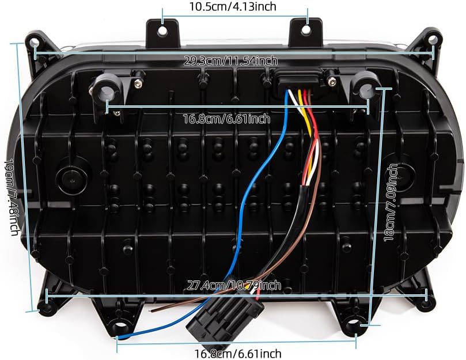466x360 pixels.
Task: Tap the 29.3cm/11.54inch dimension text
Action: pyautogui.click(x=230, y=61)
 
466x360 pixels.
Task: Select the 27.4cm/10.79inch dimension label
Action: pyautogui.click(x=234, y=285)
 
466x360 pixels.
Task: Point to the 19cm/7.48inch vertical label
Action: pyautogui.click(x=13, y=197)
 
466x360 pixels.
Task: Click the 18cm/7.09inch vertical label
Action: pyautogui.click(x=391, y=202)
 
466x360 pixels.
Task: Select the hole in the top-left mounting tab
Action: pyautogui.click(x=162, y=31)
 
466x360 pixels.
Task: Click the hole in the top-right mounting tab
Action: pyautogui.click(x=306, y=30)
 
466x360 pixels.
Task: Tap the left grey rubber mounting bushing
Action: pyautogui.click(x=106, y=93)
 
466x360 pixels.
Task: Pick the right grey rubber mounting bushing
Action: pyautogui.click(x=366, y=91)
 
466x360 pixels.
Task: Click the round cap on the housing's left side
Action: pyautogui.click(x=72, y=179)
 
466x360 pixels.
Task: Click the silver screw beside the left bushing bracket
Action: pyautogui.click(x=137, y=84)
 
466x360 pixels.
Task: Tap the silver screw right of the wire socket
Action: pyautogui.click(x=330, y=80)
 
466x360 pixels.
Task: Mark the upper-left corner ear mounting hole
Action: pyautogui.click(x=33, y=41)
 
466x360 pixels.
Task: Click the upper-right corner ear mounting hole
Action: pyautogui.click(x=433, y=39)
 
